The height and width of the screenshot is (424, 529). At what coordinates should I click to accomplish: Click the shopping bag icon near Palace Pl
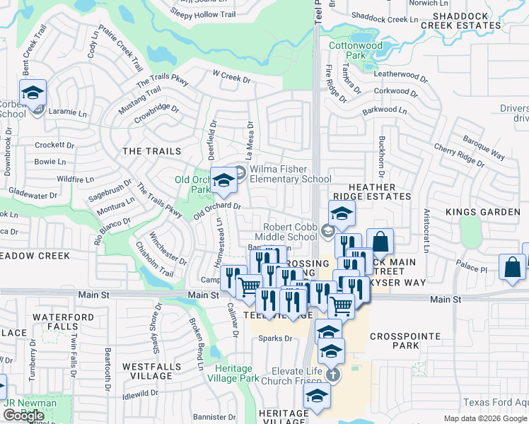click(511, 268)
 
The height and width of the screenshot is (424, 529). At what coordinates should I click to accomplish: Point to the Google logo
click(23, 416)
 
